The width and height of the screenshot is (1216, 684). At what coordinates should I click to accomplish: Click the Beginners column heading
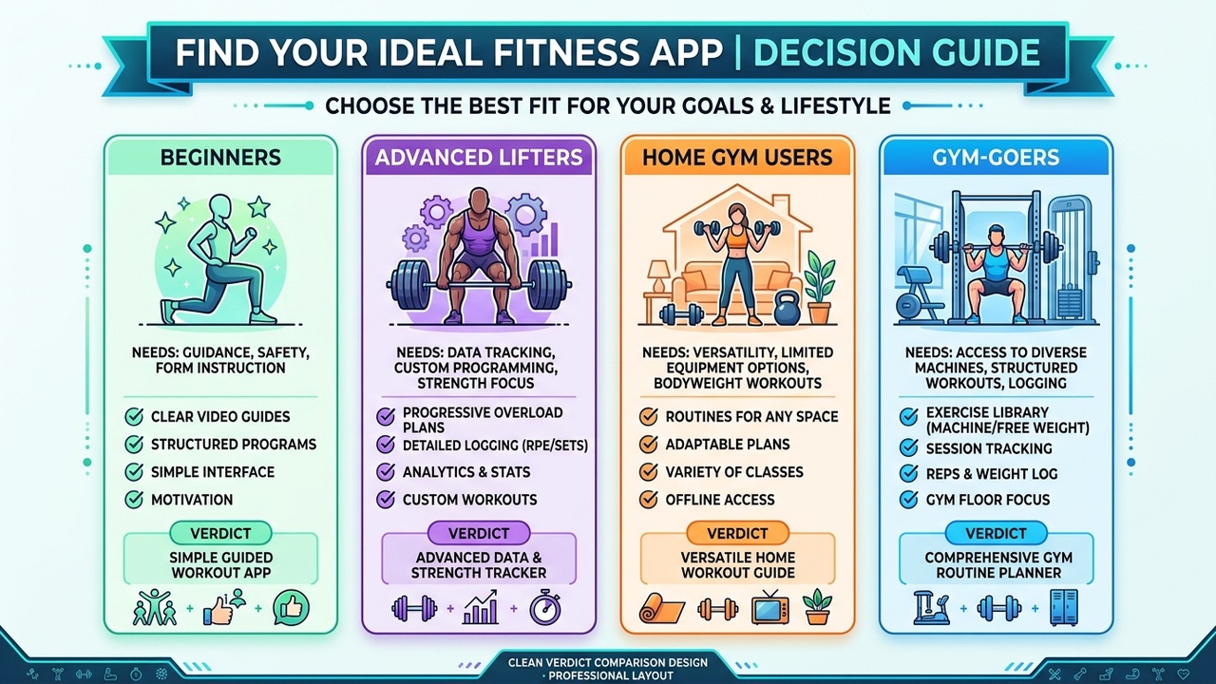click(x=220, y=157)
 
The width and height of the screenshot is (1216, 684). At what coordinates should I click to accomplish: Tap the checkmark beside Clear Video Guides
click(x=134, y=416)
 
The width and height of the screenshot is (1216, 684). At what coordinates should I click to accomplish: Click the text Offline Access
click(x=720, y=500)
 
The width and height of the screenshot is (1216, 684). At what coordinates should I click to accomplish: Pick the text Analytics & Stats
click(x=466, y=472)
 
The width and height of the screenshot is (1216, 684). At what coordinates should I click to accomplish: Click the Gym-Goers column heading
click(x=996, y=158)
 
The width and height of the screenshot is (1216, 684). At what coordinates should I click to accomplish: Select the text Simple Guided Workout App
click(x=221, y=565)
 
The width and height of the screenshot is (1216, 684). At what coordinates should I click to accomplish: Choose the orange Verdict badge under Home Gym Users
click(x=736, y=533)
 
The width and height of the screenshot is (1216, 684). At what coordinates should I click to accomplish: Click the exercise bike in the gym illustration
click(x=919, y=297)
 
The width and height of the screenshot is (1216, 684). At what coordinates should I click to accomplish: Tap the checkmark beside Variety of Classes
click(x=649, y=472)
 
